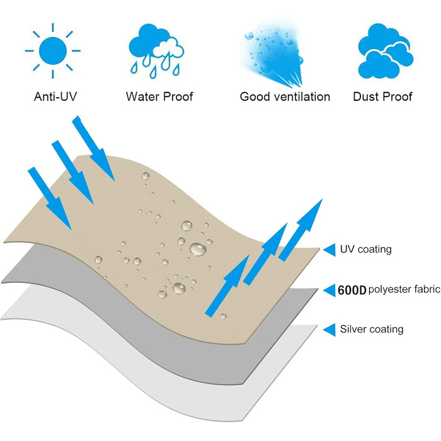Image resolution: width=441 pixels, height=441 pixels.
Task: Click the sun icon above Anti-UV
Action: (52, 51)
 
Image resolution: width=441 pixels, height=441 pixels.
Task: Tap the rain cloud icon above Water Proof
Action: (156, 51)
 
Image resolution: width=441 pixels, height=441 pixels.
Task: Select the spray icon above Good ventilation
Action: (272, 53)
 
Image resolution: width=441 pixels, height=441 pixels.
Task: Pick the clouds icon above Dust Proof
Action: (386, 51)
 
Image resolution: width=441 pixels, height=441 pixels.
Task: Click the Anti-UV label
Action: (55, 96)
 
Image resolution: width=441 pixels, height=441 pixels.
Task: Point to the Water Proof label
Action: (159, 96)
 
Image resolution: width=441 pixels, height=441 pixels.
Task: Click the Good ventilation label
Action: (285, 96)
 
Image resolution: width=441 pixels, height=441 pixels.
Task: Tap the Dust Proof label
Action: (382, 96)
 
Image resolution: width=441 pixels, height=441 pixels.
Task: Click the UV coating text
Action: (365, 249)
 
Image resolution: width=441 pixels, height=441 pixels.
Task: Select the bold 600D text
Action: (352, 290)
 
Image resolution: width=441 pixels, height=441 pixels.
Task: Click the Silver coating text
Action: (372, 329)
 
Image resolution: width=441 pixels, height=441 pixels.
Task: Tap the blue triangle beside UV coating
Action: (329, 249)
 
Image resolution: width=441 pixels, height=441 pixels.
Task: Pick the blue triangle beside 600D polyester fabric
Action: (329, 290)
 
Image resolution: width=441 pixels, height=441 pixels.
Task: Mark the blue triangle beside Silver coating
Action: (329, 329)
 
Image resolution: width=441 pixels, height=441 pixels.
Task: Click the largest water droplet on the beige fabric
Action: (198, 249)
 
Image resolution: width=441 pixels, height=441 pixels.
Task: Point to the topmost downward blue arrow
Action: (94, 148)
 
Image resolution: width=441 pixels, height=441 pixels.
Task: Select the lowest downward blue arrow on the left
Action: (50, 198)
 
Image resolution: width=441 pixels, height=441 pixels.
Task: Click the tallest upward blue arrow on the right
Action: (301, 229)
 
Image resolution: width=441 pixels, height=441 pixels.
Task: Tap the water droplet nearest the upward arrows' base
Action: (223, 316)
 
